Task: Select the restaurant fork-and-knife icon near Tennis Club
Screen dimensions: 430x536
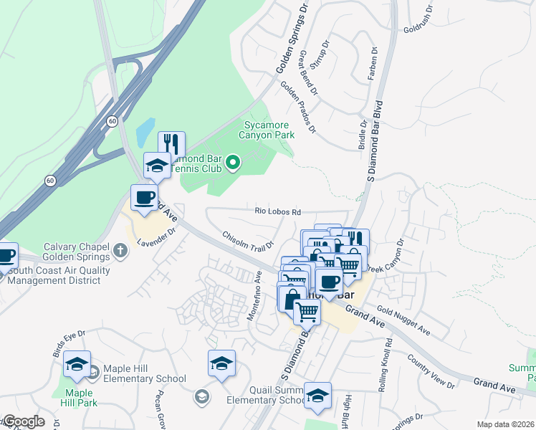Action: click(171, 144)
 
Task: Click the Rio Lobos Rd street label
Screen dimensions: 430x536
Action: click(277, 211)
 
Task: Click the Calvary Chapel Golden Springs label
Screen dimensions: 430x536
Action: click(77, 251)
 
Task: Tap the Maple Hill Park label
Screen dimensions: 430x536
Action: click(80, 398)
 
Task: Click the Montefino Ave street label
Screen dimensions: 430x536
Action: click(255, 295)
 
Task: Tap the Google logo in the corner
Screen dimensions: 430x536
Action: click(23, 421)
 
